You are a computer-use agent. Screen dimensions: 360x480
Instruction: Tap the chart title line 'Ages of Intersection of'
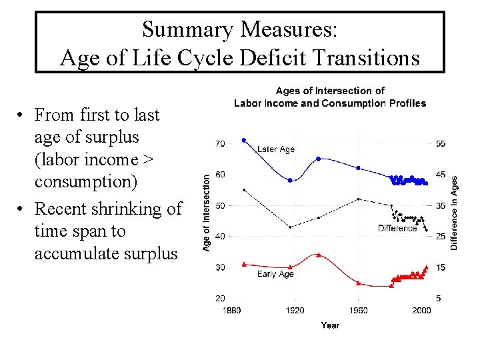click(x=330, y=91)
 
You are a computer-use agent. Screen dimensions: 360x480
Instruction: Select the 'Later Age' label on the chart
click(x=275, y=149)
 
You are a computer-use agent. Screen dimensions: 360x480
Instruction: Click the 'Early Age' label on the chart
click(x=275, y=274)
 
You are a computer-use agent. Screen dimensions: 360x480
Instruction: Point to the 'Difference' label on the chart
click(x=397, y=228)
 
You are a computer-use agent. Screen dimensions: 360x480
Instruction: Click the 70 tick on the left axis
click(x=219, y=143)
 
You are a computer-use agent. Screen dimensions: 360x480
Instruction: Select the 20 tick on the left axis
click(x=219, y=298)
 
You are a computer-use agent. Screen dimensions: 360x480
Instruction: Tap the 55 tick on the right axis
click(x=441, y=143)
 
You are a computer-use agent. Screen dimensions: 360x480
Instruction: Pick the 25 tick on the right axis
click(x=441, y=237)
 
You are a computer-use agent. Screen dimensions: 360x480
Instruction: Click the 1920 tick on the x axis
click(x=295, y=310)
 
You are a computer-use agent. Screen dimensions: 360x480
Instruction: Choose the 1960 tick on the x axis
click(x=358, y=310)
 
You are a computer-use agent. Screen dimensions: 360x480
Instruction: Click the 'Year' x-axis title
click(x=330, y=325)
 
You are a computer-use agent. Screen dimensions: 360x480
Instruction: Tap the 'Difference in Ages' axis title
click(x=455, y=213)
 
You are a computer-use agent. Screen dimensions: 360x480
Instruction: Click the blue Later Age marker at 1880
click(x=244, y=140)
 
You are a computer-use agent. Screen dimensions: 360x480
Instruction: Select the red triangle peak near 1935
click(x=319, y=255)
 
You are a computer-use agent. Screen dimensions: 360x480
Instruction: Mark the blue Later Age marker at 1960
click(x=359, y=168)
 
